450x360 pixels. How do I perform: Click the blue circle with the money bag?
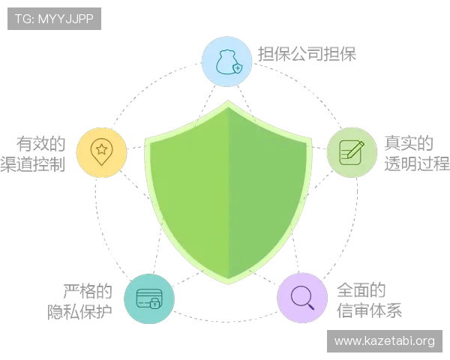(226, 61)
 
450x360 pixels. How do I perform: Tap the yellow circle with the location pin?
(101, 152)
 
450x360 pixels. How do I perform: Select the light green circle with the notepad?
(352, 152)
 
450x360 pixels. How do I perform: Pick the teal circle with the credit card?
(149, 298)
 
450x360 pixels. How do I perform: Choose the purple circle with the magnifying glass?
(302, 298)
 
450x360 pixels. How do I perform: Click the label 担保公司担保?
(307, 54)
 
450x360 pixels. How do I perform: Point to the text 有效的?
(40, 144)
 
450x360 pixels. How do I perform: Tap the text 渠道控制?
(33, 164)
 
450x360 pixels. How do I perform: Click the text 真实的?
(409, 143)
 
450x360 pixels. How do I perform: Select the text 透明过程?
(417, 164)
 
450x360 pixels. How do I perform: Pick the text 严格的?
(88, 291)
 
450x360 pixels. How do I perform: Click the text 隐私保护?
(79, 312)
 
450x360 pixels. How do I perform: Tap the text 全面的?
(361, 290)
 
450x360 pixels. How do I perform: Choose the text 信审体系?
(369, 310)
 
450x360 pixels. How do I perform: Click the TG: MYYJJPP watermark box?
(54, 19)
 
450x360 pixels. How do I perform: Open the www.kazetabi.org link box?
(385, 341)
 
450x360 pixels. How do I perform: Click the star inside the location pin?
(101, 149)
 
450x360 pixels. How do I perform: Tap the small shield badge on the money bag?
(238, 68)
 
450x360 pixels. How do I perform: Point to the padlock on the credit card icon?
(155, 303)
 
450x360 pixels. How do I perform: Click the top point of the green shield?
(229, 100)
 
